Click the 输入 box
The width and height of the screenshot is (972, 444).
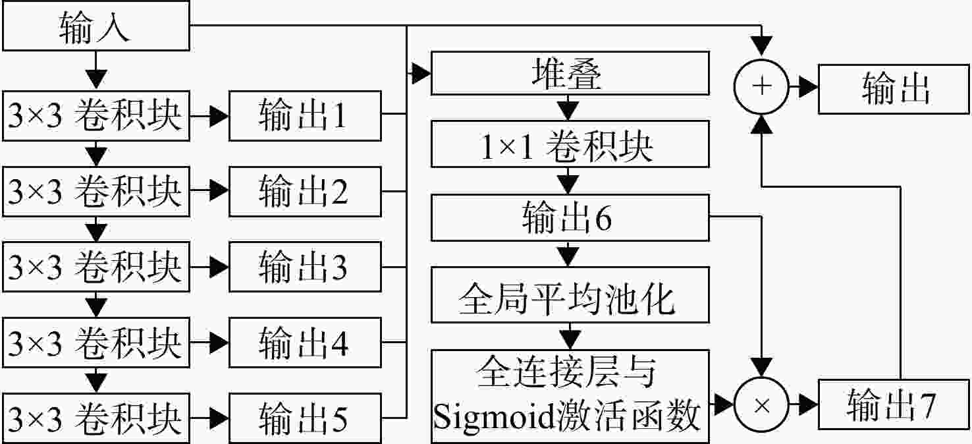pyautogui.click(x=96, y=26)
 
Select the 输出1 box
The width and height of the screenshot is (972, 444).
pyautogui.click(x=305, y=115)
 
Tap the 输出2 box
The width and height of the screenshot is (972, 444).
pyautogui.click(x=305, y=192)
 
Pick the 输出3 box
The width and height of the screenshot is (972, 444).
pyautogui.click(x=305, y=267)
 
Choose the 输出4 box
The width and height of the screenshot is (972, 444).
pyautogui.click(x=305, y=343)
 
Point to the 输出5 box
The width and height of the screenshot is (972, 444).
pyautogui.click(x=305, y=418)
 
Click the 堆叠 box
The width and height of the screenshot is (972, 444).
pyautogui.click(x=570, y=73)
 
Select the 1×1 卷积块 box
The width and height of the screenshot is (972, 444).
pyautogui.click(x=570, y=144)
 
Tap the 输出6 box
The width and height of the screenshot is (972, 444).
pyautogui.click(x=570, y=217)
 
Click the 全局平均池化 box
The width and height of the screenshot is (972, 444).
pyautogui.click(x=570, y=294)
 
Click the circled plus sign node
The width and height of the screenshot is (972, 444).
pyautogui.click(x=761, y=87)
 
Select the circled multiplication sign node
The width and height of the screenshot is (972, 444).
pyautogui.click(x=761, y=405)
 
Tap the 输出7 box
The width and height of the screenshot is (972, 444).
pyautogui.click(x=894, y=404)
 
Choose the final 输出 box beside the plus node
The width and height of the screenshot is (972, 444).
pyautogui.click(x=894, y=89)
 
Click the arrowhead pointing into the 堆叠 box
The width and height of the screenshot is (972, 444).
pyautogui.click(x=421, y=73)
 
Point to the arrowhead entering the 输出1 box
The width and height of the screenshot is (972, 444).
pyautogui.click(x=219, y=116)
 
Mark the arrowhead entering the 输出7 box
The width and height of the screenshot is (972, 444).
pyautogui.click(x=809, y=405)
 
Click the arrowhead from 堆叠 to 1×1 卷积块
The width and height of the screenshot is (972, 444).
pyautogui.click(x=568, y=111)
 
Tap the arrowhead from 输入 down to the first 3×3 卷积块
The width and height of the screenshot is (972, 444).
pyautogui.click(x=96, y=80)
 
